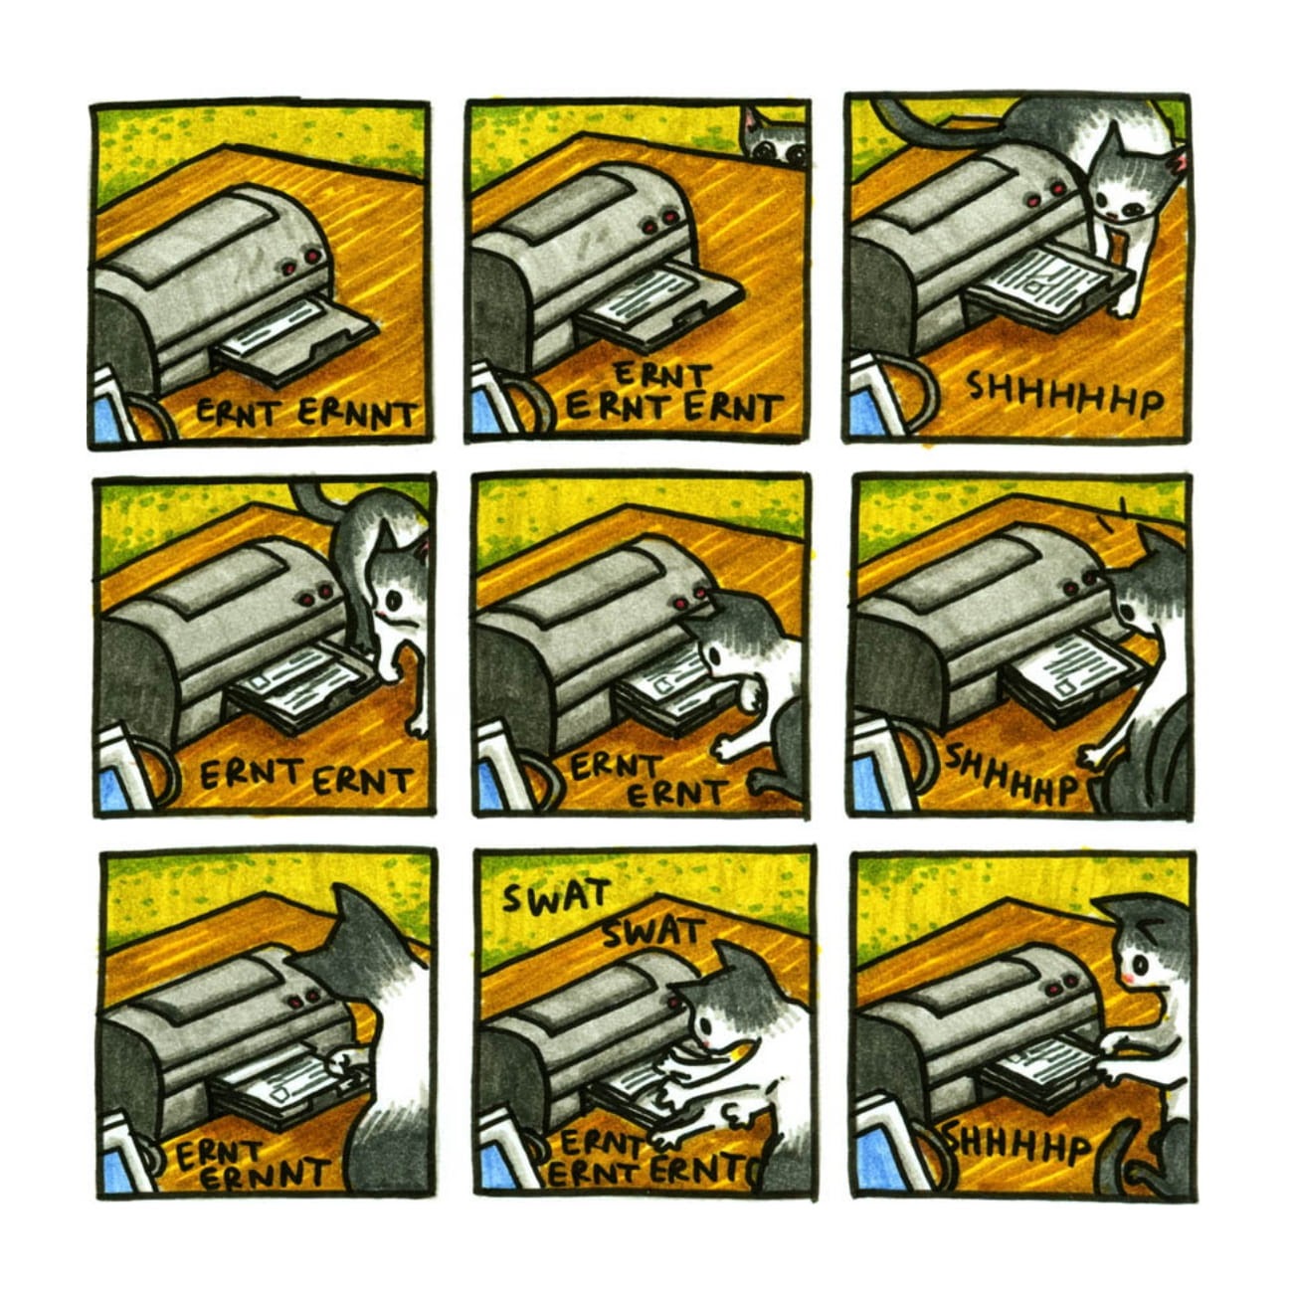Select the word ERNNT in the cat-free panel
pyautogui.click(x=355, y=416)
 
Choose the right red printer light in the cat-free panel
pyautogui.click(x=312, y=257)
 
